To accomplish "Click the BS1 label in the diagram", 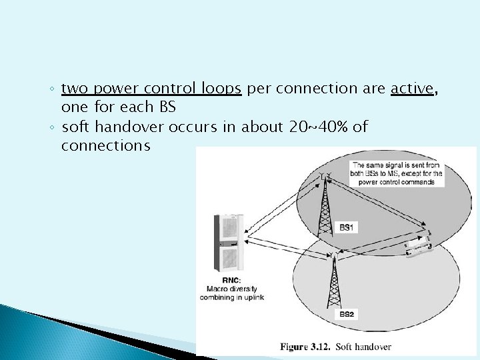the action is pyautogui.click(x=347, y=227).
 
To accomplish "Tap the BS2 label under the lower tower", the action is pyautogui.click(x=347, y=313).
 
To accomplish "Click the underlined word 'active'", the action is pyautogui.click(x=411, y=89).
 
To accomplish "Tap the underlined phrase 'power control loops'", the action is pyautogui.click(x=166, y=89).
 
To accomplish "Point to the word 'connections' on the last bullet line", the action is pyautogui.click(x=105, y=145).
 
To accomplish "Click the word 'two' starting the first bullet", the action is pyautogui.click(x=75, y=89).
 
